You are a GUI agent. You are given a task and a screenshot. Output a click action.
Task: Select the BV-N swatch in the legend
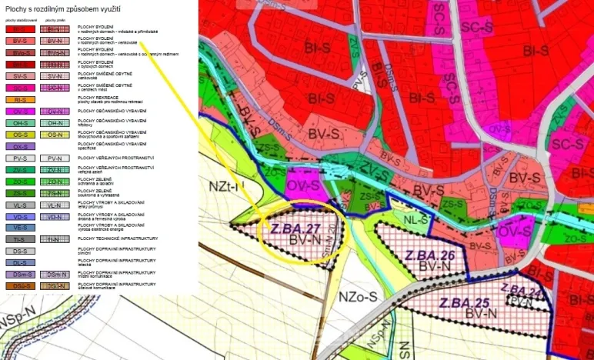pyautogui.click(x=54, y=41)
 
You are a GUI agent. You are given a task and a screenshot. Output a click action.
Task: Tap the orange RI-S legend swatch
pyautogui.click(x=21, y=100)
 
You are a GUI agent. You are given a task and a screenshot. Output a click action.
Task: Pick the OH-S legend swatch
pyautogui.click(x=21, y=123)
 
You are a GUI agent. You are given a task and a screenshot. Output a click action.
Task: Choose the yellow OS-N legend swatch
pyautogui.click(x=54, y=135)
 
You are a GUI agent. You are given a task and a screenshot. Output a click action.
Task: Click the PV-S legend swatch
pyautogui.click(x=21, y=158)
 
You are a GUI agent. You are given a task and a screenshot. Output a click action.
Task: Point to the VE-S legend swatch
pyautogui.click(x=21, y=228)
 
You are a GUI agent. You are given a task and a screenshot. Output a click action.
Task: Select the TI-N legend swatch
pyautogui.click(x=54, y=239)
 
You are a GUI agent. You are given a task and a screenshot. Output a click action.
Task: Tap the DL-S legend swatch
pyautogui.click(x=21, y=262)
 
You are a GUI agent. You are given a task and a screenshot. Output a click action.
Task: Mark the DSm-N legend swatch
pyautogui.click(x=54, y=274)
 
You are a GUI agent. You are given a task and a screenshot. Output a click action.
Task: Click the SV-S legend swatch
pyautogui.click(x=21, y=77)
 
